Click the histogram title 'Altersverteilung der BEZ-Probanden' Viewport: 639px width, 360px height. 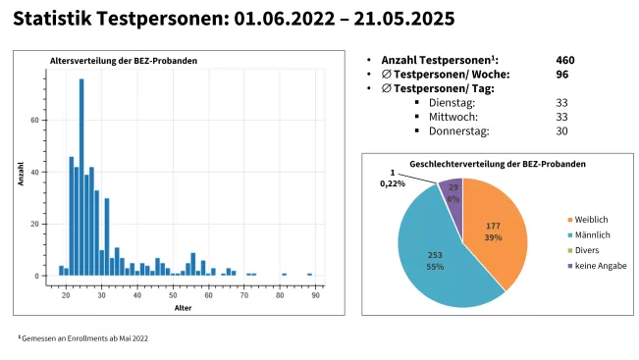[x=124, y=61]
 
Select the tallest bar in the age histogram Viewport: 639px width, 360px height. [x=81, y=177]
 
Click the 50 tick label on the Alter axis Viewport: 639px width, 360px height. [x=173, y=294]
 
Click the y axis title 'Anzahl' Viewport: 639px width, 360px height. [x=21, y=176]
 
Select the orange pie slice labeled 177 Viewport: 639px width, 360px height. [x=497, y=231]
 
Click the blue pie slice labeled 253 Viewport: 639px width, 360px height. [x=436, y=260]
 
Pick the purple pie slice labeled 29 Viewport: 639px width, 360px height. [x=453, y=191]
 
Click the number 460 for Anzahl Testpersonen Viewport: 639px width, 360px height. [x=564, y=60]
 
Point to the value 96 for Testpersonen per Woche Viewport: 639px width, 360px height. [x=561, y=74]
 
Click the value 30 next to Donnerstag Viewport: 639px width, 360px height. [x=561, y=130]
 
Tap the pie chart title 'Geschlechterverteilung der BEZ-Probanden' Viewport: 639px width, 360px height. [x=498, y=163]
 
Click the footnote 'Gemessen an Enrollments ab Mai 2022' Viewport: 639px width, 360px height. [x=84, y=337]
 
